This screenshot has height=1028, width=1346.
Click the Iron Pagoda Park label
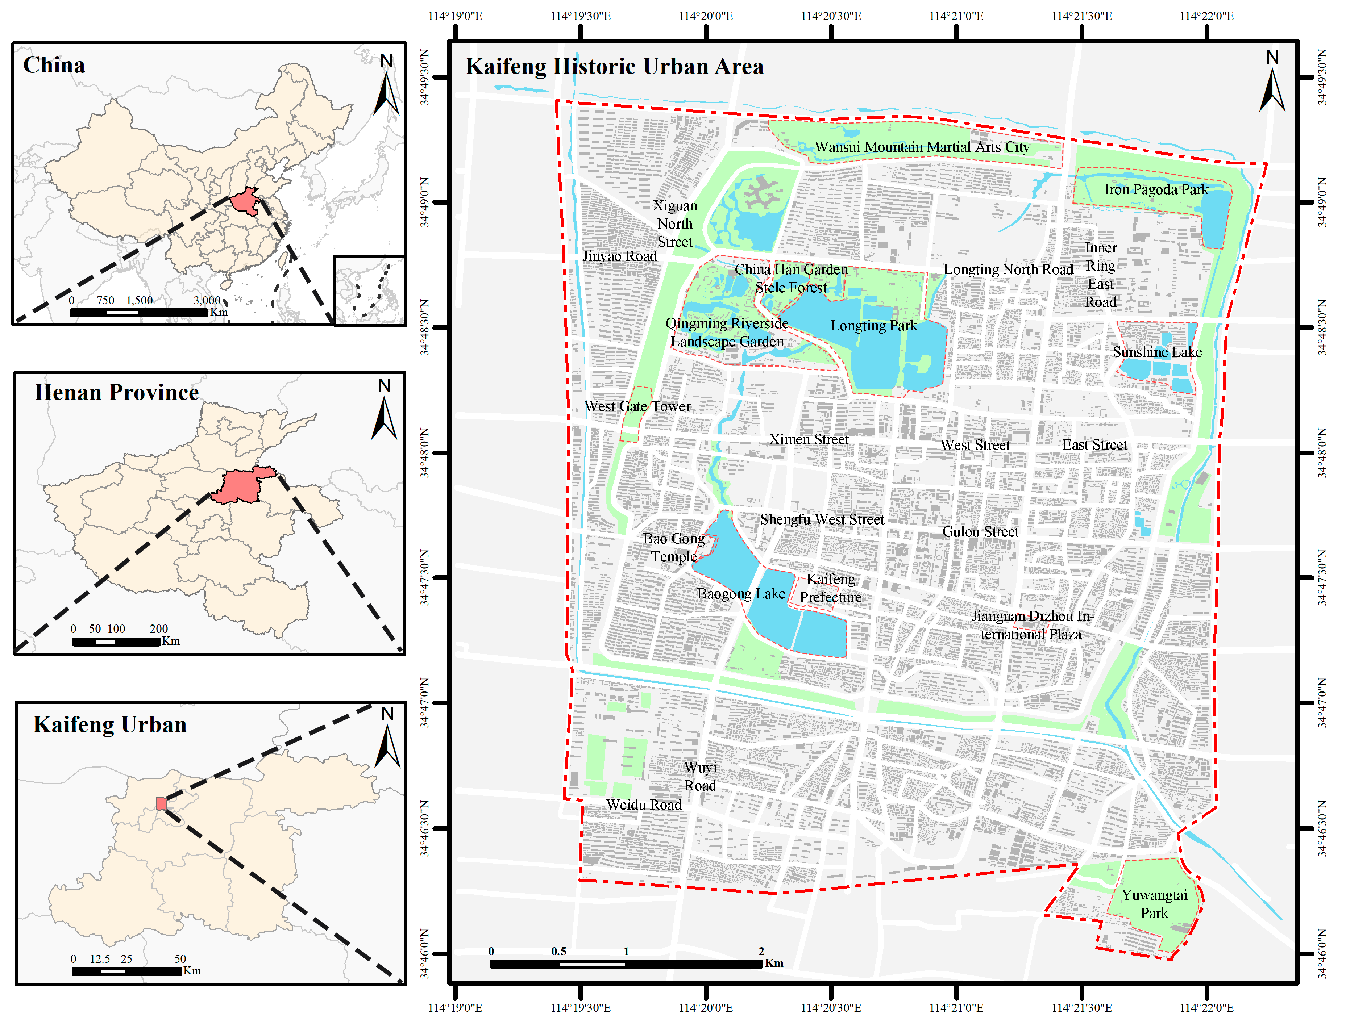point(1156,190)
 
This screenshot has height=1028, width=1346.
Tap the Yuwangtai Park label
point(1154,904)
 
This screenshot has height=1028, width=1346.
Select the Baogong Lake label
point(741,594)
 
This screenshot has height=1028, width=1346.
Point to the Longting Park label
point(873,326)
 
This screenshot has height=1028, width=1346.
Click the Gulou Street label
point(980,532)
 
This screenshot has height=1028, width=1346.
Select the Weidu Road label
point(644,805)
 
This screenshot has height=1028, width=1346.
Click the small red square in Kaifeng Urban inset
point(162,803)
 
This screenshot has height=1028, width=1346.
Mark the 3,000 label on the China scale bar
point(207,300)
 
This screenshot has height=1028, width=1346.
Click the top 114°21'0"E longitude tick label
point(956,16)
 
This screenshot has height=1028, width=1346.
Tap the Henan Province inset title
point(116,392)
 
